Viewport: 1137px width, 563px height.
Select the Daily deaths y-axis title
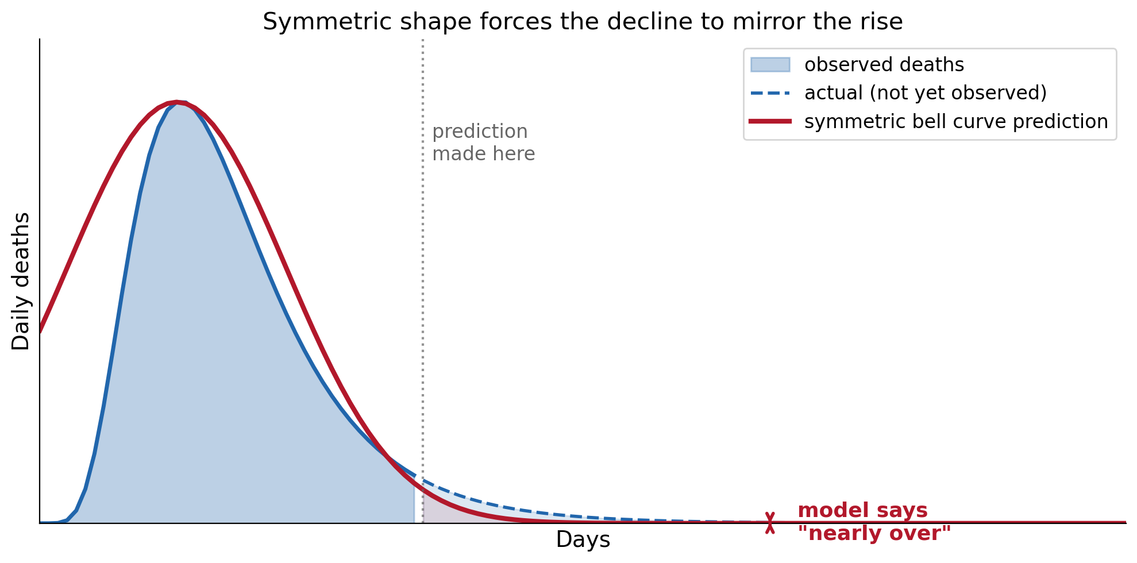[x=21, y=281]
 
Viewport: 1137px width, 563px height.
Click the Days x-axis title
[x=583, y=540]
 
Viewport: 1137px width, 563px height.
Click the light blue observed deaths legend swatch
[x=770, y=64]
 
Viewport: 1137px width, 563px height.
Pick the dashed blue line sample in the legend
[x=770, y=93]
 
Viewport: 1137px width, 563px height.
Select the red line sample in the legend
[x=770, y=121]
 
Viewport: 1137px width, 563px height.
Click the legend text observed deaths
[x=884, y=64]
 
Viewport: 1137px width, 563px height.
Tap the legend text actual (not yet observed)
[x=926, y=93]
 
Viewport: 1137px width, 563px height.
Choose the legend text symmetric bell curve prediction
[x=956, y=122]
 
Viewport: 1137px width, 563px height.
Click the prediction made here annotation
[x=483, y=142]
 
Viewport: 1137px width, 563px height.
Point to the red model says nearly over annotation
[x=874, y=522]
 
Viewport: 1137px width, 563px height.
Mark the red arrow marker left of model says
[x=770, y=523]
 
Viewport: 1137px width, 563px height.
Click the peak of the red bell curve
[x=178, y=102]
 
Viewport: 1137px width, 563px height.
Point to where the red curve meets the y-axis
[x=40, y=331]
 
